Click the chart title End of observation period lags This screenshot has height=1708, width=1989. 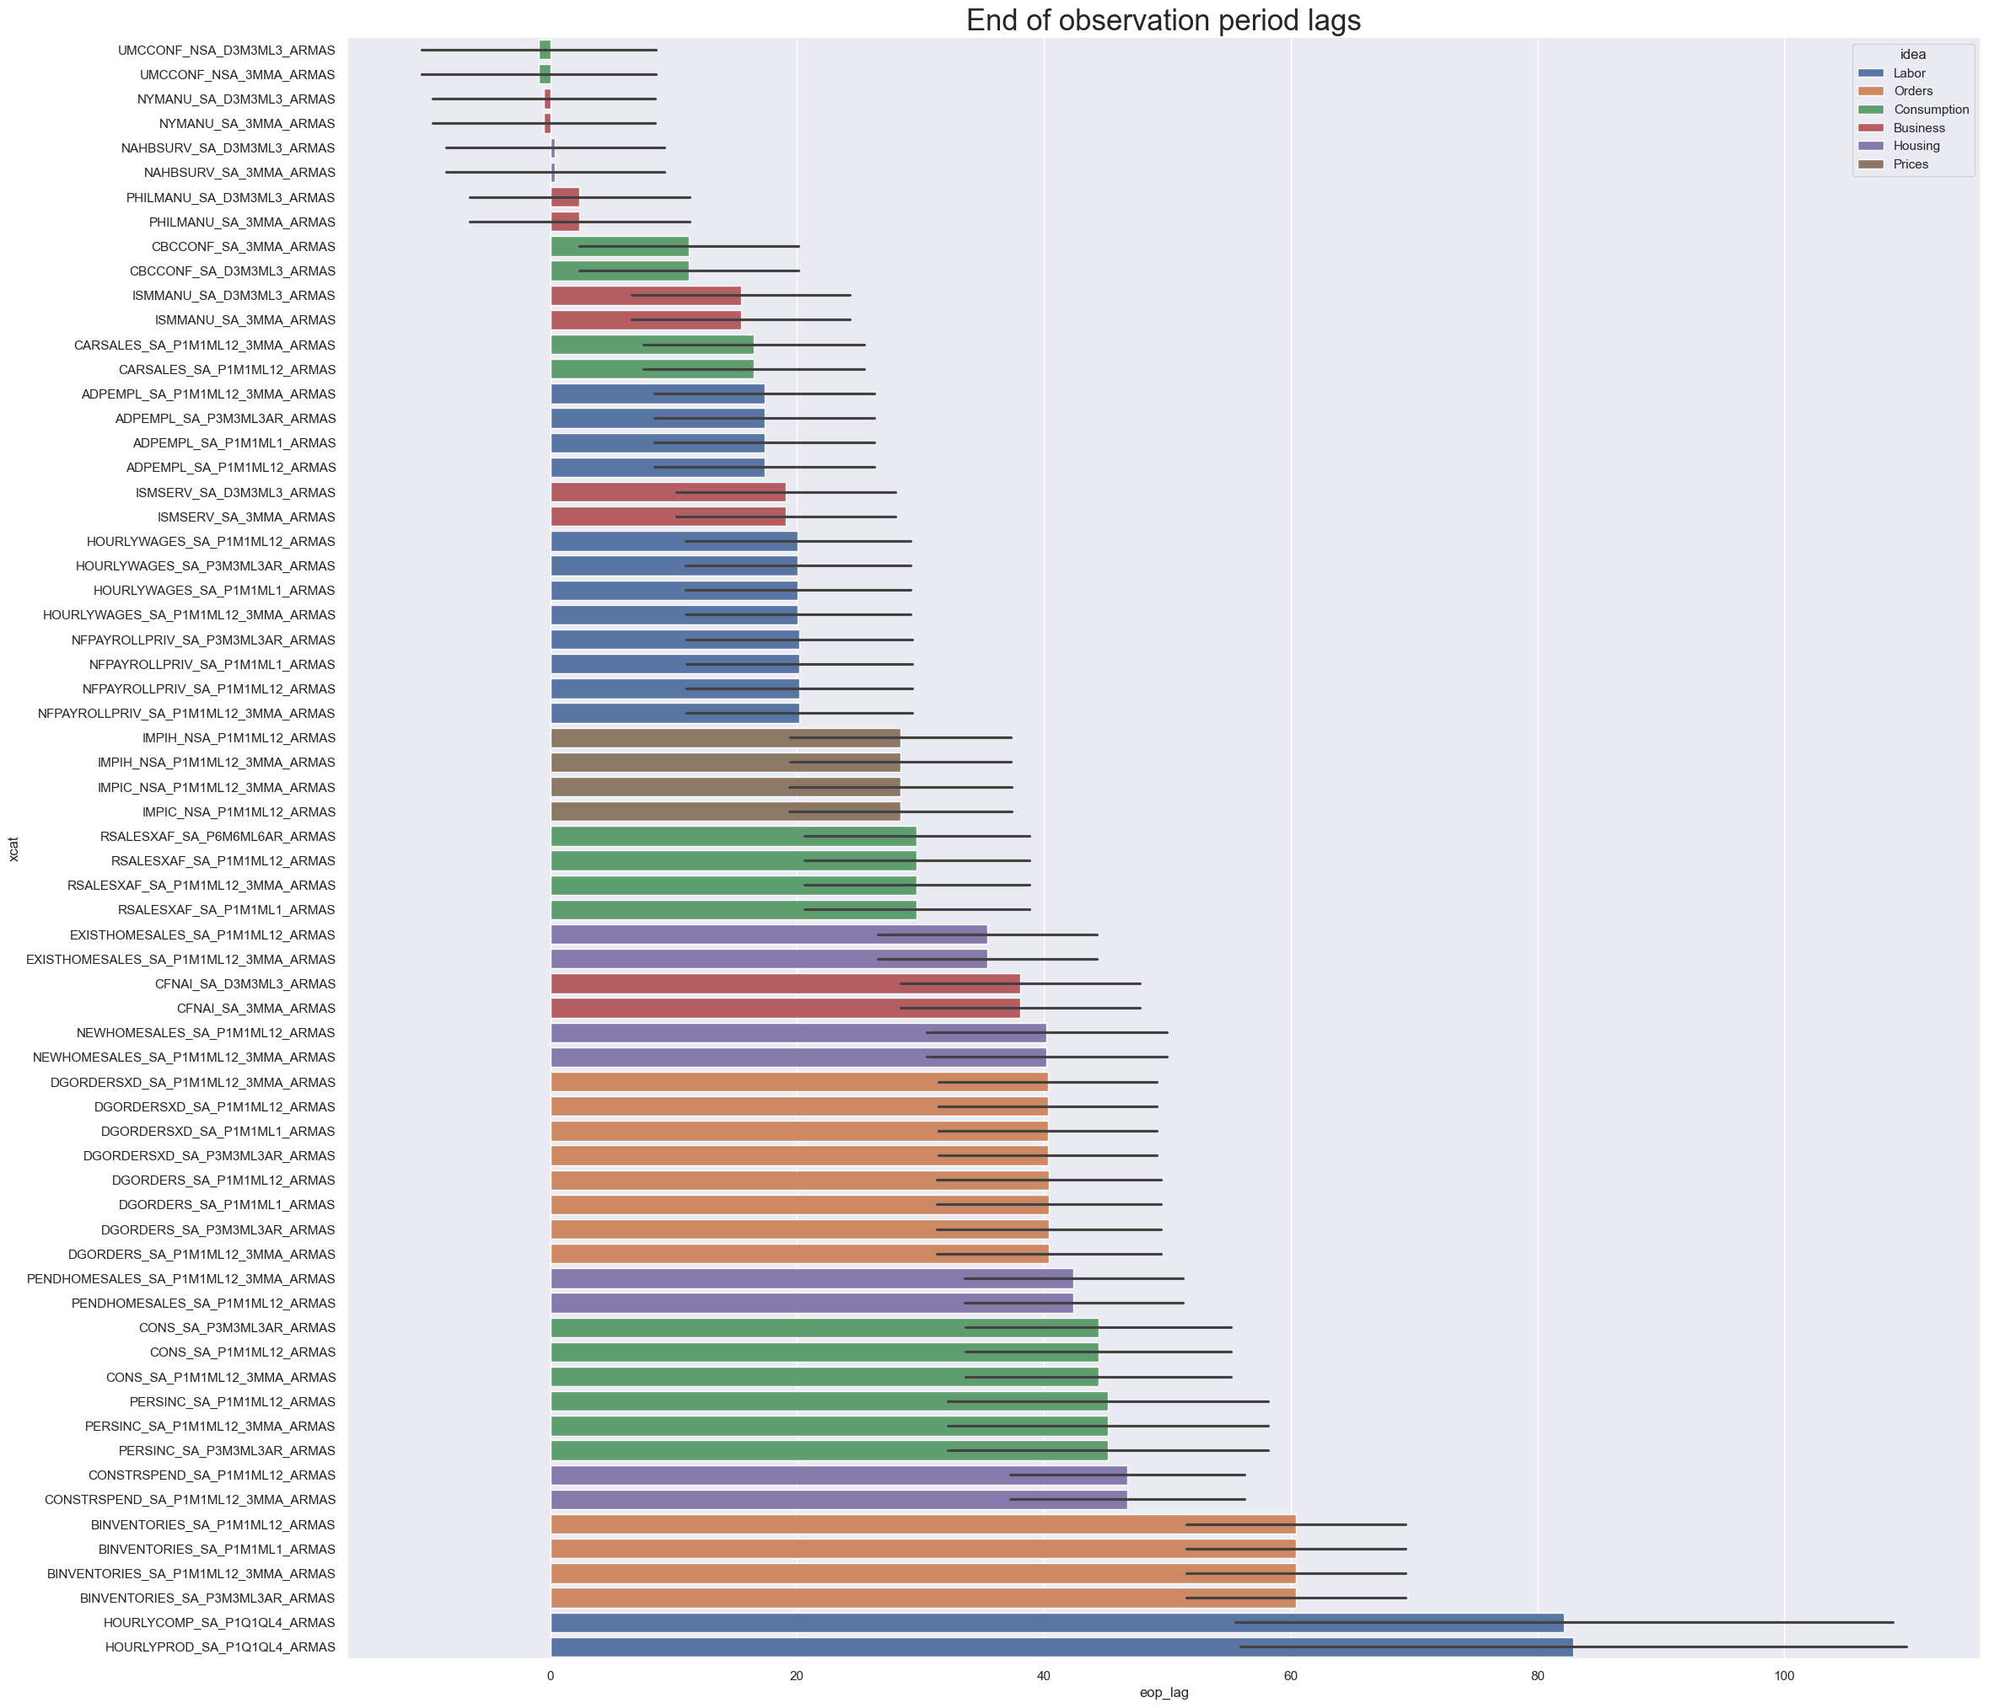click(1163, 20)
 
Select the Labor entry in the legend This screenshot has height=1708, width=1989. click(1908, 73)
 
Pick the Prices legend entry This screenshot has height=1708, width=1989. click(1911, 164)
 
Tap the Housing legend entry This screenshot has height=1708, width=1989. click(1916, 146)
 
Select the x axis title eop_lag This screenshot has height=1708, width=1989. click(1164, 1693)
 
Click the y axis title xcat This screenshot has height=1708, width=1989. click(13, 849)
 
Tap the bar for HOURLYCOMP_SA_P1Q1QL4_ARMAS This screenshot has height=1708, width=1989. click(1056, 1623)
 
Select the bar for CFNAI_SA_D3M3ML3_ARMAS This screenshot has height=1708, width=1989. click(784, 983)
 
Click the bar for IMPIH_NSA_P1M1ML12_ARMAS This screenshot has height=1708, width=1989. click(725, 738)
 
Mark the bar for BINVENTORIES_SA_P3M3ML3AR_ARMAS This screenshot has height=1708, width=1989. click(922, 1598)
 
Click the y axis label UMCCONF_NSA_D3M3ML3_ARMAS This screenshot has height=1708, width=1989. click(227, 50)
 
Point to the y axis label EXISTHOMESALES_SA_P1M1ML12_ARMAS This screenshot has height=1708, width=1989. click(202, 934)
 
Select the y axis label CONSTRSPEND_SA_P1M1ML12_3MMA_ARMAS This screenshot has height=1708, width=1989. click(190, 1500)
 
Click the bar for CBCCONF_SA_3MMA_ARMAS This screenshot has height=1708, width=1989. click(619, 247)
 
